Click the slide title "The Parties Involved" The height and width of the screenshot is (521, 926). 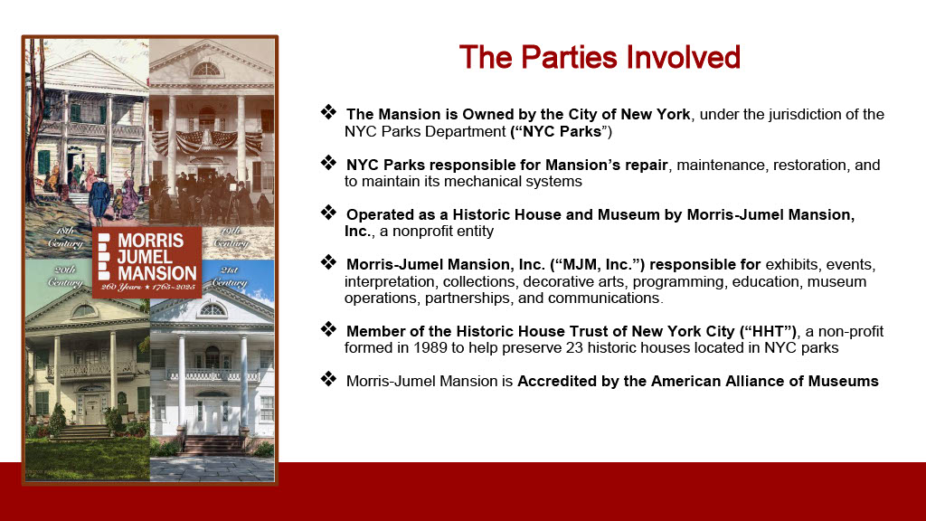pos(600,57)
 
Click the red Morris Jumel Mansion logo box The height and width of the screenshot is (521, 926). pos(146,261)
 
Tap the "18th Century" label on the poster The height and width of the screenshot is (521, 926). pos(65,238)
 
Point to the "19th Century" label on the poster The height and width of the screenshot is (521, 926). pos(231,238)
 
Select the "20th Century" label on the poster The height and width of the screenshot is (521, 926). pos(65,277)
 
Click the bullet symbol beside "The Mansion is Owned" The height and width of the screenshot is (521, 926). pos(329,112)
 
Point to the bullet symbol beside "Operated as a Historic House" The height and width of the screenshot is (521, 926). pos(329,213)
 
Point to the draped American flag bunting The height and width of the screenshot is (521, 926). pos(207,141)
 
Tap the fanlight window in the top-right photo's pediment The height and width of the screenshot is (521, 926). pos(206,70)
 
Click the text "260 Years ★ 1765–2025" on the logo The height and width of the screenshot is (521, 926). pos(147,287)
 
